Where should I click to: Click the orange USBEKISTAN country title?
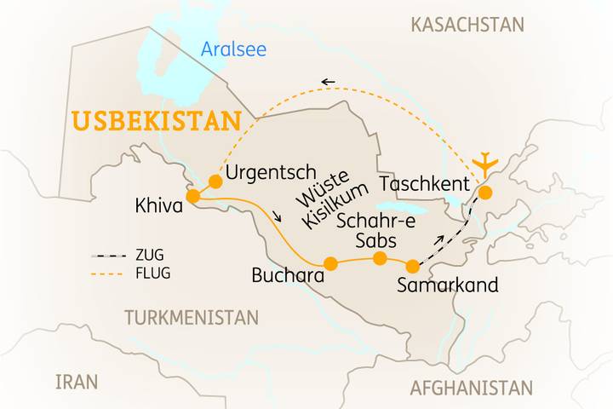[x=156, y=121]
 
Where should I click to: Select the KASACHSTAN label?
[x=467, y=24]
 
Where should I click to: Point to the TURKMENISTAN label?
[x=192, y=318]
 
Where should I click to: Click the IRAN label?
[x=77, y=381]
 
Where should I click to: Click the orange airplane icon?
[x=485, y=164]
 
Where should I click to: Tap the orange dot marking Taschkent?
[x=484, y=193]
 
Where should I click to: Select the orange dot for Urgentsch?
[x=215, y=181]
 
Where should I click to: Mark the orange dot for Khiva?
[x=193, y=197]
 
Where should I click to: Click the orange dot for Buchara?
[x=331, y=264]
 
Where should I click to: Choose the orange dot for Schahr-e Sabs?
[x=381, y=258]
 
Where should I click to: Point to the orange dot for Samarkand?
[x=413, y=266]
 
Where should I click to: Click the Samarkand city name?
[x=448, y=286]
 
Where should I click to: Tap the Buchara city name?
[x=289, y=276]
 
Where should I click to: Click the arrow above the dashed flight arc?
[x=327, y=82]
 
